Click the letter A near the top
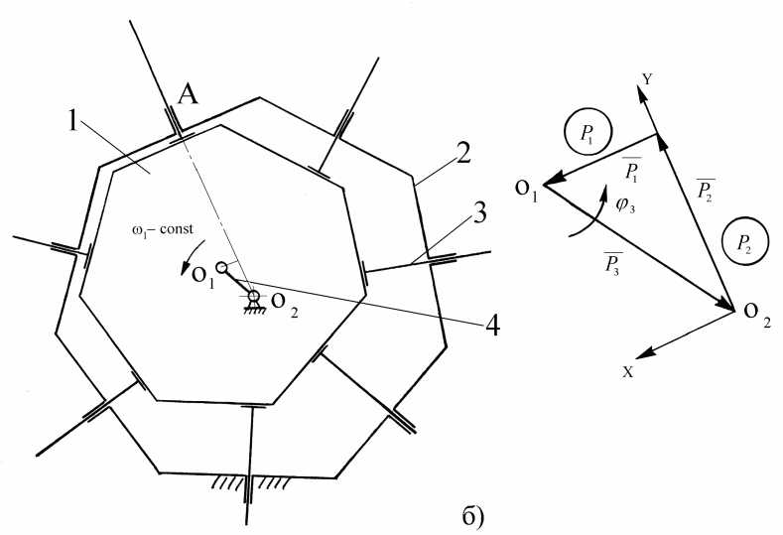click(186, 96)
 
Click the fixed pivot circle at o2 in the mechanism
click(253, 296)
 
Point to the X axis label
click(628, 369)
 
